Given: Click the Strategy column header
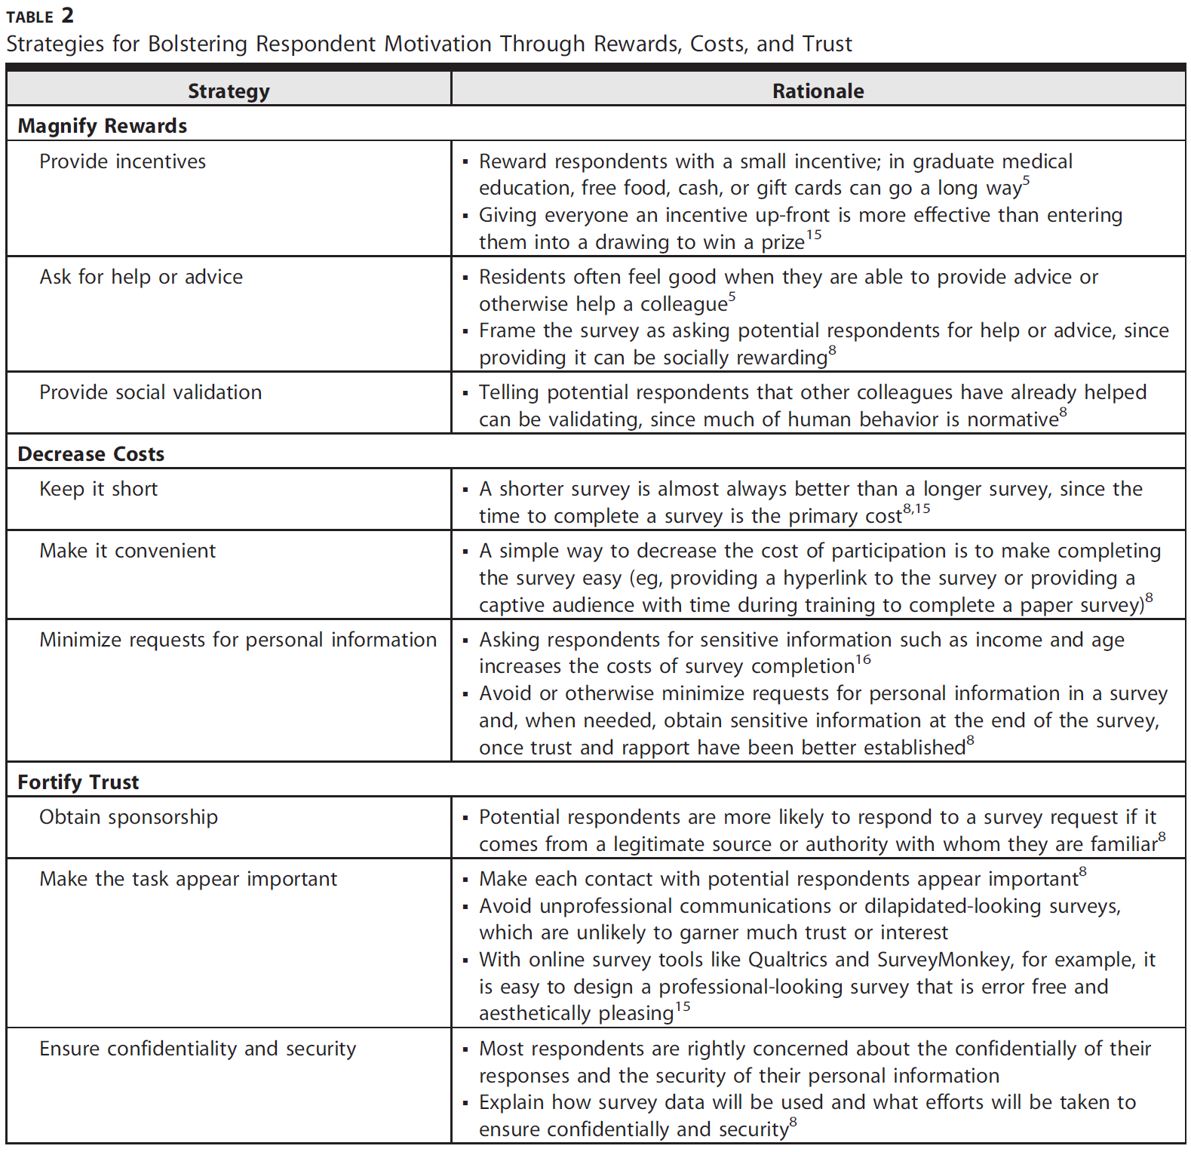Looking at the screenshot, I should pyautogui.click(x=229, y=91).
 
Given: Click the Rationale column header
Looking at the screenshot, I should pyautogui.click(x=818, y=91).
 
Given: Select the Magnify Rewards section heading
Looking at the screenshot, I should pyautogui.click(x=103, y=126).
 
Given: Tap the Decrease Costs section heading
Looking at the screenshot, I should pyautogui.click(x=91, y=454).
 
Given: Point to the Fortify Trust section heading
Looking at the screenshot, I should pyautogui.click(x=78, y=782).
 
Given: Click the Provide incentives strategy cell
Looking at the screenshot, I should pyautogui.click(x=122, y=161).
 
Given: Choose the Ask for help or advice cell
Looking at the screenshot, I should pyautogui.click(x=141, y=277).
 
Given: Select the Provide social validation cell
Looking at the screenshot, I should pyautogui.click(x=150, y=392).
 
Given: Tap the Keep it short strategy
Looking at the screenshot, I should pyautogui.click(x=99, y=489).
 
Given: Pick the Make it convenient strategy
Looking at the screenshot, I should pyautogui.click(x=127, y=551).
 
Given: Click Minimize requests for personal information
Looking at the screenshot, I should pyautogui.click(x=238, y=640).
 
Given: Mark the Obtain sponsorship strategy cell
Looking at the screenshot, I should pyautogui.click(x=128, y=817).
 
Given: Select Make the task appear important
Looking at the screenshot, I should pyautogui.click(x=188, y=879).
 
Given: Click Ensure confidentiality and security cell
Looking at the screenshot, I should pyautogui.click(x=198, y=1049).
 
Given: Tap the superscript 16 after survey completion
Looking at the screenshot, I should pyautogui.click(x=863, y=660).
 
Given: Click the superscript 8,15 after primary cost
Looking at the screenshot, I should pyautogui.click(x=916, y=509).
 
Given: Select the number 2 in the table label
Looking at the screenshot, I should pyautogui.click(x=67, y=15).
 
